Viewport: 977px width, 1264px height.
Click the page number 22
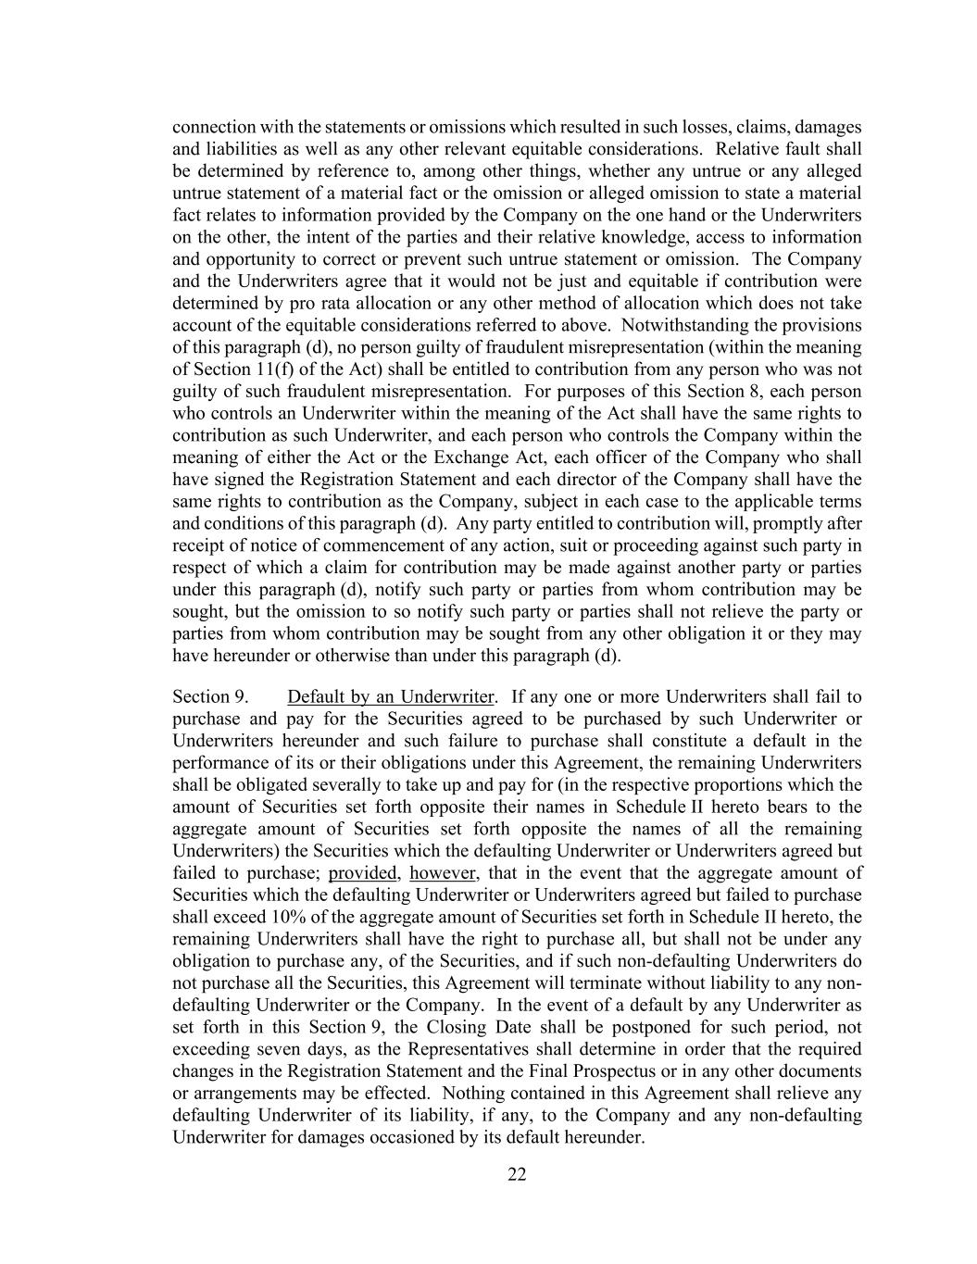pos(517,1174)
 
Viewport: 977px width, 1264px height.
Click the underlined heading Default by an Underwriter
pos(391,696)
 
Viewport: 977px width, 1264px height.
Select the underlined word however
pos(443,873)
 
